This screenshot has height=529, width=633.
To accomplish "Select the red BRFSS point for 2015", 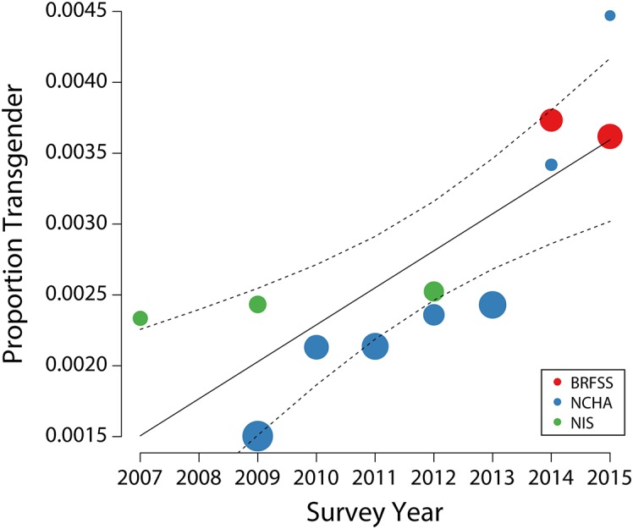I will click(x=609, y=136).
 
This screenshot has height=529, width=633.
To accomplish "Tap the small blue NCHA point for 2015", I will click(x=609, y=16).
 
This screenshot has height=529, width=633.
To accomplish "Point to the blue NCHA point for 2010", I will click(x=316, y=346).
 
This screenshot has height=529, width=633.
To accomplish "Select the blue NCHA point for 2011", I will click(x=375, y=345).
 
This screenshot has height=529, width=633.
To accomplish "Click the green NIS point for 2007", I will click(x=140, y=318).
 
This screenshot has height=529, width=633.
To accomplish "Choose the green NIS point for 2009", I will click(x=257, y=304).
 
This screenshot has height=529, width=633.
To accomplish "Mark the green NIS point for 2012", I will click(x=433, y=292).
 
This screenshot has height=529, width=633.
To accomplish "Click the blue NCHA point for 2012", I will click(x=433, y=315).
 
